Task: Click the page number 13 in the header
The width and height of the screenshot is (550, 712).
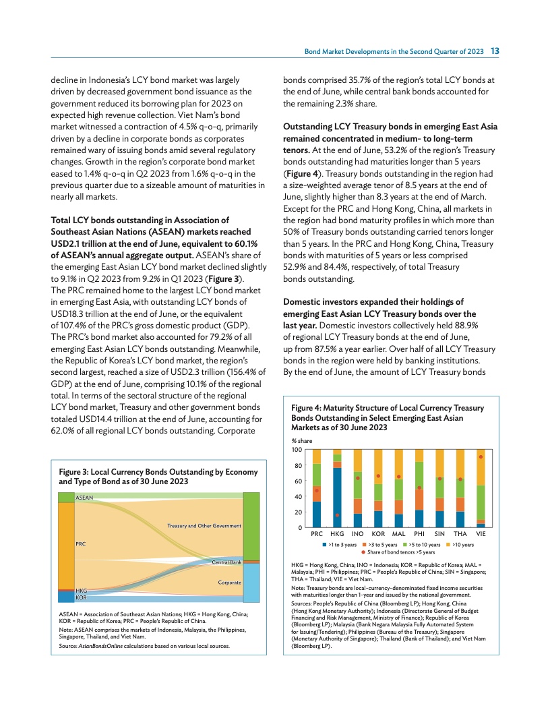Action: pos(495,51)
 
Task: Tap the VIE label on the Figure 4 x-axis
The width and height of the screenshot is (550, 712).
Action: pos(481,534)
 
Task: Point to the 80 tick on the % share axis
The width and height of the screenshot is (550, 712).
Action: pos(298,465)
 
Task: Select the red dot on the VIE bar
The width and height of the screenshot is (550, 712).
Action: pos(481,457)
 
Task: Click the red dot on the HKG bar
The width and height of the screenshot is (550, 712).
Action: pos(337,515)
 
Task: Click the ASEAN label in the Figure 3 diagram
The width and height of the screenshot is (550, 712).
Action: pos(84,498)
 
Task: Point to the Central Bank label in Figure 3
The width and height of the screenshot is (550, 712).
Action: pos(226,562)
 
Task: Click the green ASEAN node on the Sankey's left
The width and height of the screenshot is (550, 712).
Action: pos(65,498)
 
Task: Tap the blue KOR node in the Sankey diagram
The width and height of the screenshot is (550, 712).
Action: pos(65,597)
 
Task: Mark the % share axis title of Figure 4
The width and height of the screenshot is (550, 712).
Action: pos(301,440)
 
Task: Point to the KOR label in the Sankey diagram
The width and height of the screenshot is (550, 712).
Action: pos(81,598)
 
